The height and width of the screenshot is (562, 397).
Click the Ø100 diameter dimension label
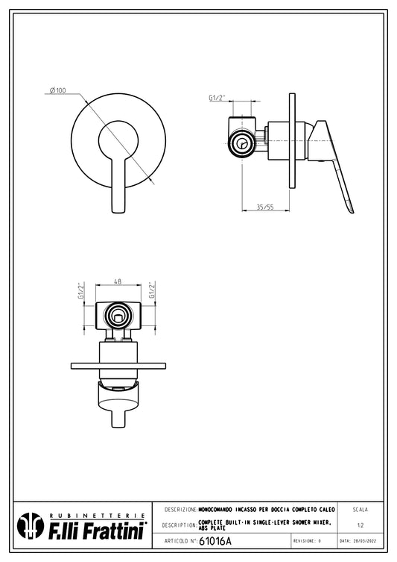(x=58, y=90)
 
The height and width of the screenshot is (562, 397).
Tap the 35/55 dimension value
(x=265, y=207)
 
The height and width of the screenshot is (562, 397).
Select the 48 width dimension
(x=118, y=281)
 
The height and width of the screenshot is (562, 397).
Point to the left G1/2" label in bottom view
(x=81, y=290)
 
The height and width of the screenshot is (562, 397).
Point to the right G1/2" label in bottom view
(x=153, y=290)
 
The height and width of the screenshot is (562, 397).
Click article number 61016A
(x=215, y=541)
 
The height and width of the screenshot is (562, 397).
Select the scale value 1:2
(x=361, y=525)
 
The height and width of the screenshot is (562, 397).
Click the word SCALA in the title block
(x=361, y=510)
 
